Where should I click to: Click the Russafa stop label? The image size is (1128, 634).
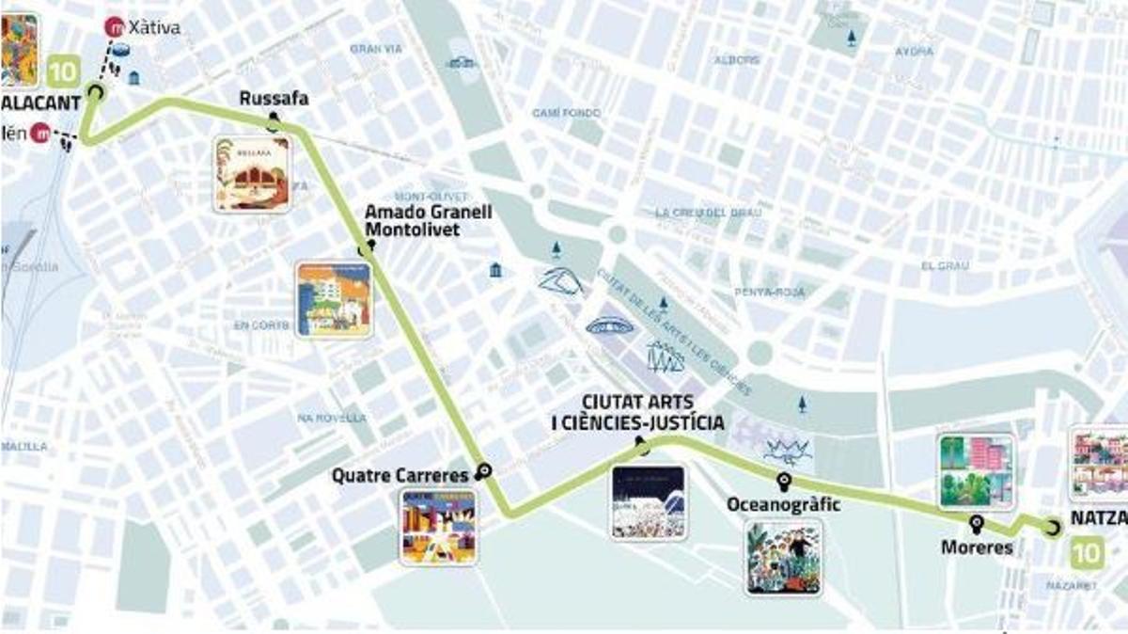click(274, 99)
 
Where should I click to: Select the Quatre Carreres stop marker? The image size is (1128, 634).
click(484, 471)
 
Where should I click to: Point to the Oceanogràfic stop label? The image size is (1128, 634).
click(783, 506)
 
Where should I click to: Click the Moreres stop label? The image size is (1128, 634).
click(977, 547)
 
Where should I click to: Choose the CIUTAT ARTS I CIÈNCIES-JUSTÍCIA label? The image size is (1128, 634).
click(637, 412)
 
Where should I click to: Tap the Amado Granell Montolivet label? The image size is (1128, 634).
click(428, 219)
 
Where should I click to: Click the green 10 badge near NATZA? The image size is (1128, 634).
click(1088, 552)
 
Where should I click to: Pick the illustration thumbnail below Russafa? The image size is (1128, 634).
click(251, 174)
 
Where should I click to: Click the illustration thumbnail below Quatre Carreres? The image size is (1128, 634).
click(438, 527)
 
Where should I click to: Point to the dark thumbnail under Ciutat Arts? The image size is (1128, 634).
click(649, 502)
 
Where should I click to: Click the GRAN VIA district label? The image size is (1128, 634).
click(376, 49)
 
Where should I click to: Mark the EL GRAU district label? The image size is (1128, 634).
click(945, 266)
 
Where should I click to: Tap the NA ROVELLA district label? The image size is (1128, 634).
click(331, 418)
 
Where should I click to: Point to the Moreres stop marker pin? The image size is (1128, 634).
click(977, 522)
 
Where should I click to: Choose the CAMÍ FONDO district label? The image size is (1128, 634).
click(566, 113)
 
